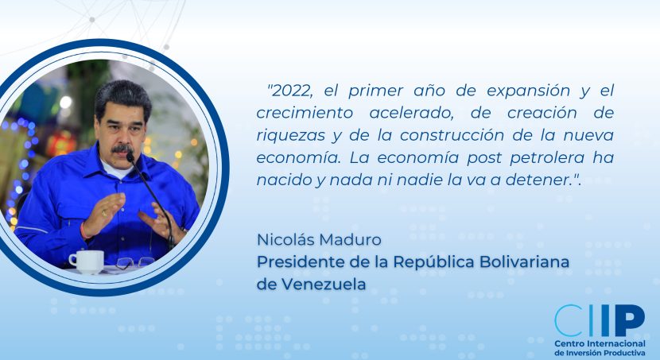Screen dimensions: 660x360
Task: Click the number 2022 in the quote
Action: coord(293,91)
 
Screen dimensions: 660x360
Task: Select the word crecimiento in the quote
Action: coord(305,113)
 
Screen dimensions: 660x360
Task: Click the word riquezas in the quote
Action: coord(291,136)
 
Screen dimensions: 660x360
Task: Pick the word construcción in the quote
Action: coord(452,136)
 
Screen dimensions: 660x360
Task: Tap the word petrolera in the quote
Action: coord(547,158)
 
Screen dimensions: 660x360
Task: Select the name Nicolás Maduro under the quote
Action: coord(319,239)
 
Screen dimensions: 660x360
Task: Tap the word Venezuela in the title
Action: coord(324,285)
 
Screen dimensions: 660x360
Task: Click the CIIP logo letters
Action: coord(600,320)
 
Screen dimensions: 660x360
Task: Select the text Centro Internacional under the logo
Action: coord(600,343)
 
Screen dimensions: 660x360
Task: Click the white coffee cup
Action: coord(87,261)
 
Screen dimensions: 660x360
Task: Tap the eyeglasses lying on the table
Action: coord(134,262)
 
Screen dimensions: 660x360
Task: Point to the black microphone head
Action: coord(130,157)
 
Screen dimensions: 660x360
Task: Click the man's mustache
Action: coord(122,149)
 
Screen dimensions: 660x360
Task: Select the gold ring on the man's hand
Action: coord(103,213)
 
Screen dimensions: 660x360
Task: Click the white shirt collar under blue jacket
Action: coord(115,169)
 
